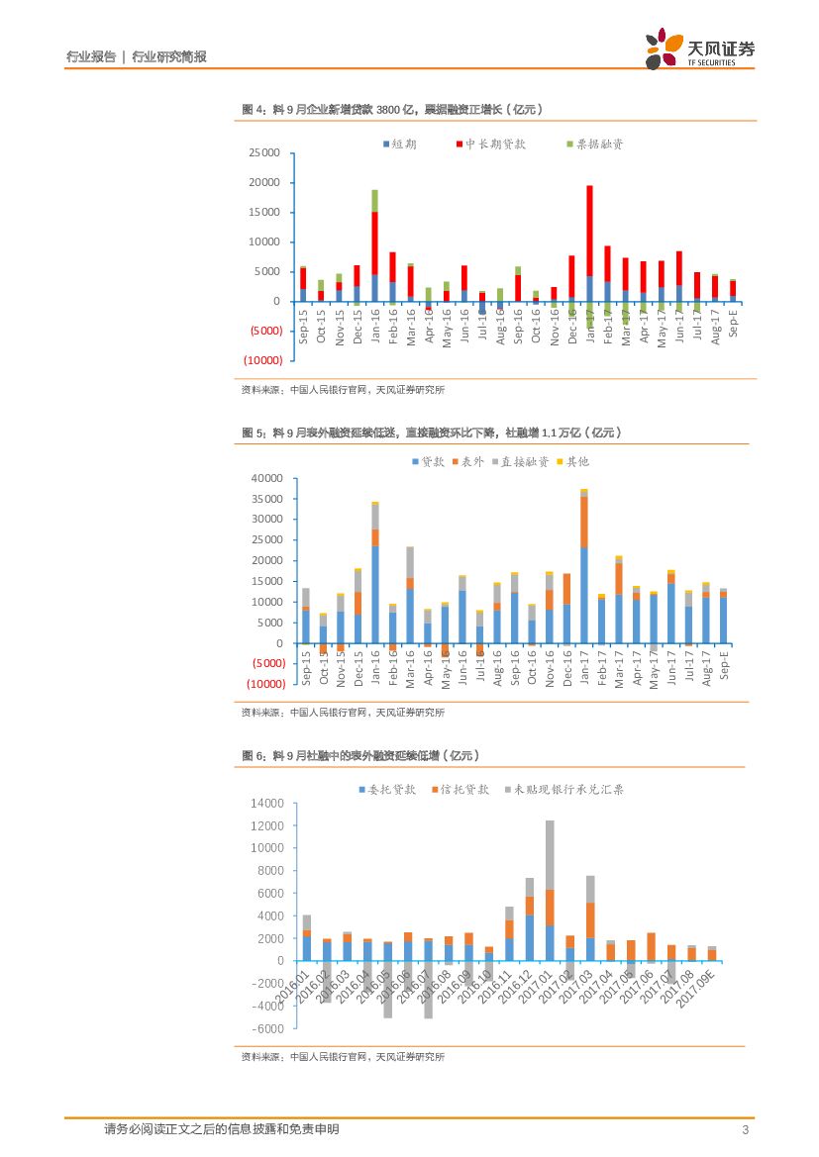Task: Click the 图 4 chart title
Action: point(392,109)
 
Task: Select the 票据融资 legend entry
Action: point(595,144)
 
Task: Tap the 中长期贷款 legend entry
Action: point(490,144)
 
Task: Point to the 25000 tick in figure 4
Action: point(264,153)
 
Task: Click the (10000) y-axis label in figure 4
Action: point(262,360)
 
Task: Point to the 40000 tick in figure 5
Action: point(268,478)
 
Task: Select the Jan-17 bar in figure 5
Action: point(584,564)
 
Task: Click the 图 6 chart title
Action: point(361,755)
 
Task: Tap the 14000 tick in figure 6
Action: point(268,804)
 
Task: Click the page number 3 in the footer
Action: point(744,1129)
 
